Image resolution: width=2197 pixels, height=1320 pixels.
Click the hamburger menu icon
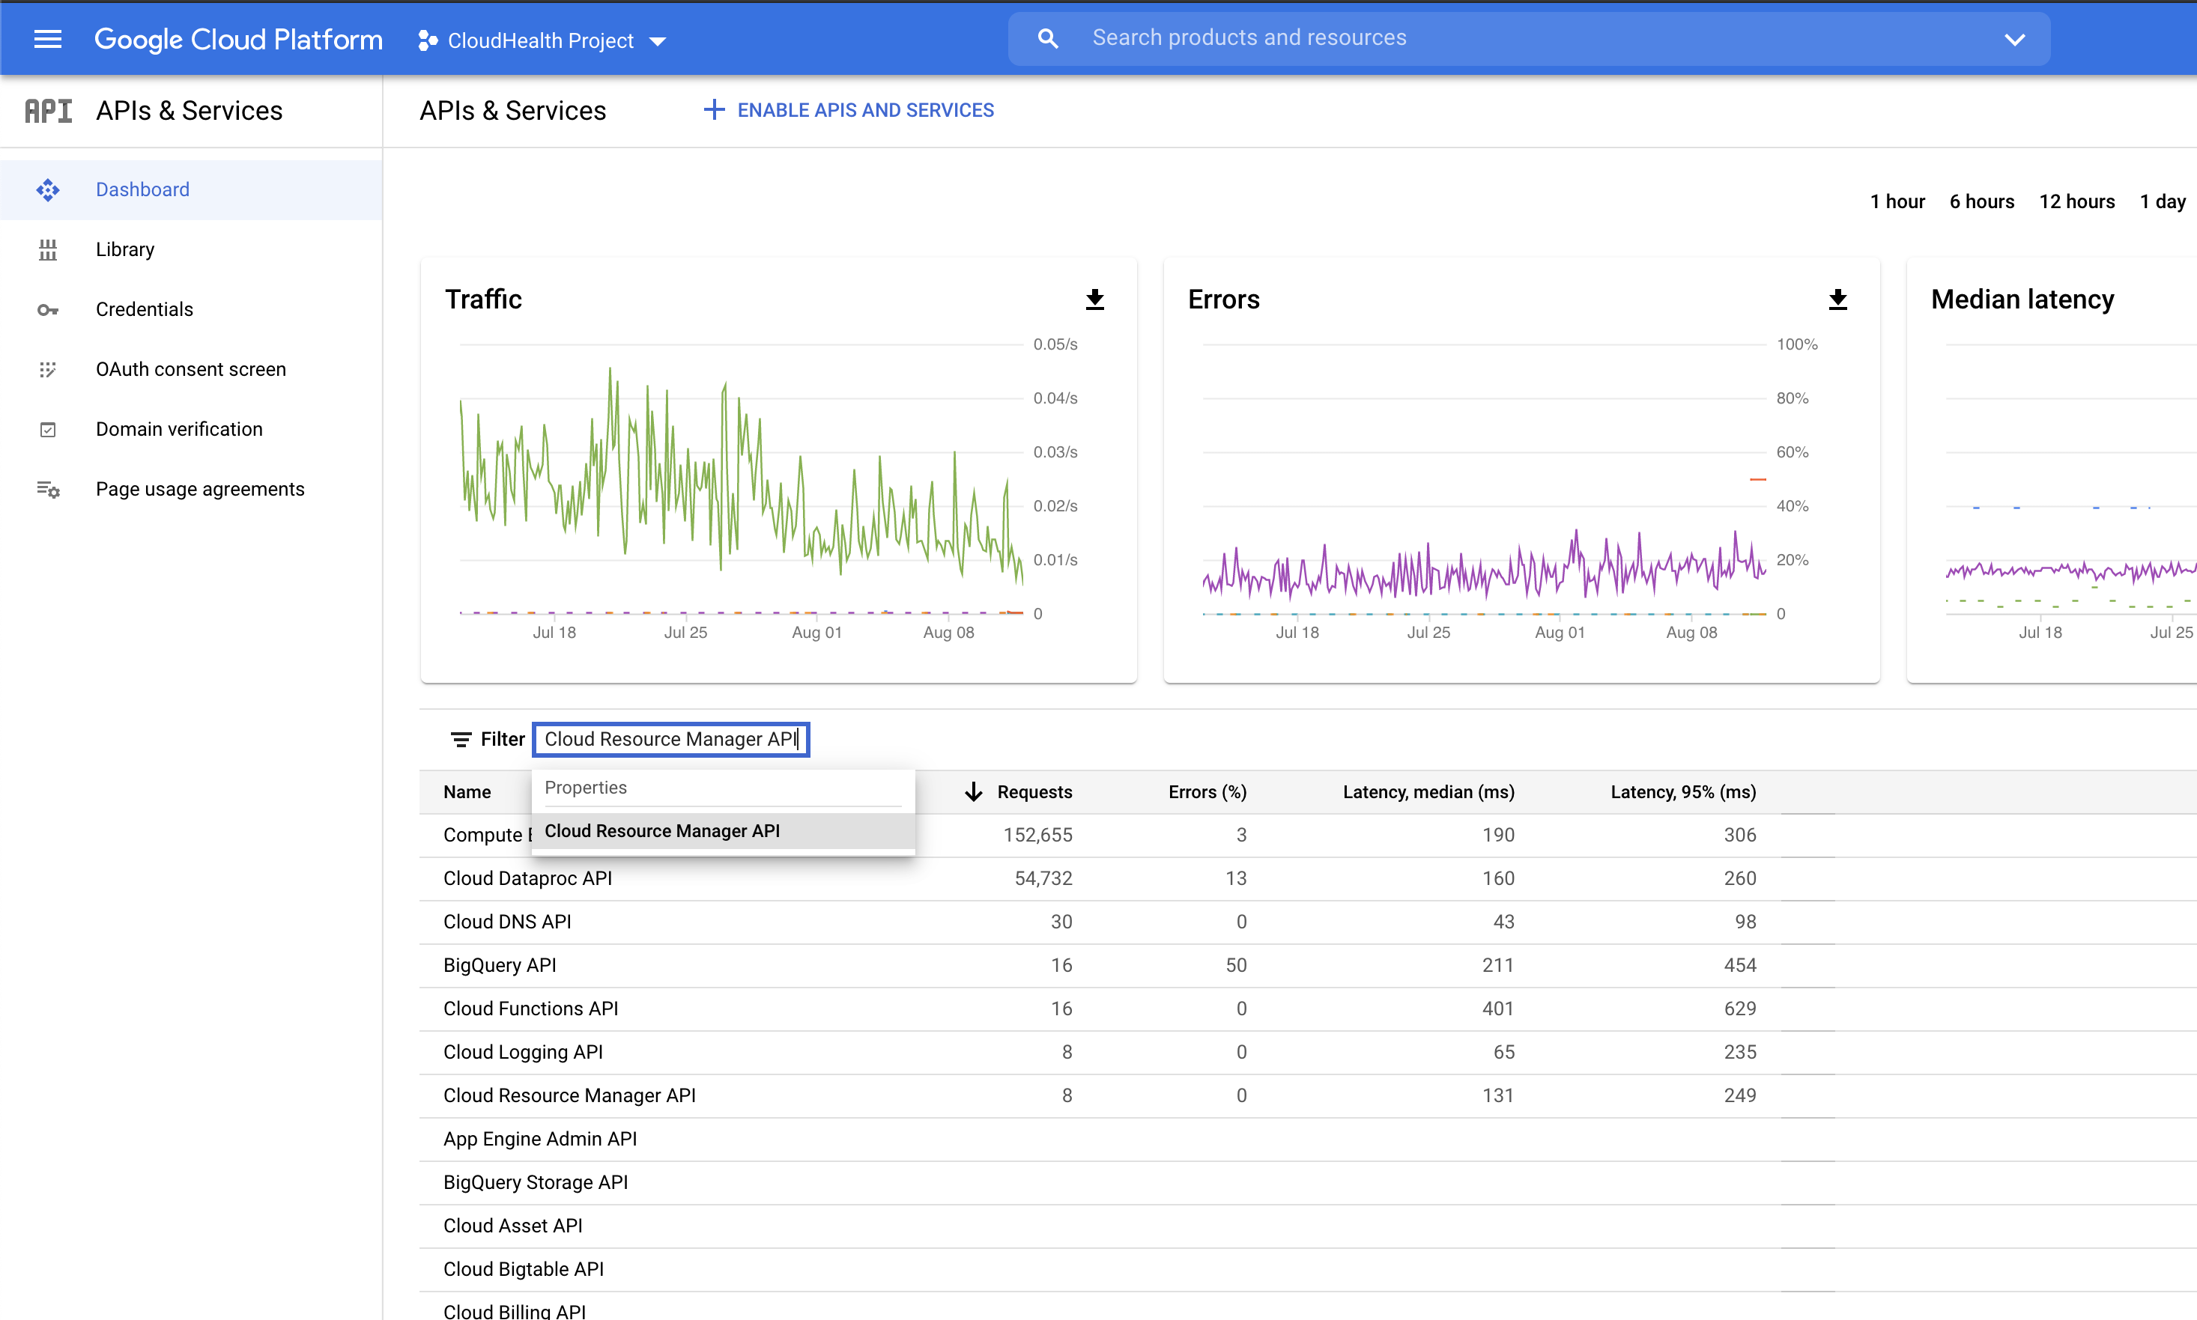pyautogui.click(x=47, y=39)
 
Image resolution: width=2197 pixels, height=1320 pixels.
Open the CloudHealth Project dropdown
pyautogui.click(x=542, y=41)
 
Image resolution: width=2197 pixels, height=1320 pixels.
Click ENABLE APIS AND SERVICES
pyautogui.click(x=849, y=110)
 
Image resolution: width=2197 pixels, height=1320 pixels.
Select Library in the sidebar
pyautogui.click(x=124, y=250)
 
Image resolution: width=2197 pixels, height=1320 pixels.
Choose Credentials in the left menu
pyautogui.click(x=144, y=309)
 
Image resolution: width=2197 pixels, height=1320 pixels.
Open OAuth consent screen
pyautogui.click(x=190, y=369)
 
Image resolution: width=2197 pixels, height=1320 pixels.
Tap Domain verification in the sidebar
pyautogui.click(x=179, y=430)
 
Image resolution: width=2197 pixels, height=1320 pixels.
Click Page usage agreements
pyautogui.click(x=199, y=489)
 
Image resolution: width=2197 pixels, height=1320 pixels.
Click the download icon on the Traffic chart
pyautogui.click(x=1094, y=299)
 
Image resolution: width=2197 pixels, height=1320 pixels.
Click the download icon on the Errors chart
pyautogui.click(x=1837, y=299)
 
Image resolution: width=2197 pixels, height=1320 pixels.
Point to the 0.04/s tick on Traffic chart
pyautogui.click(x=1055, y=398)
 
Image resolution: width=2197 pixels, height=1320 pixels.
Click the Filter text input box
pyautogui.click(x=671, y=739)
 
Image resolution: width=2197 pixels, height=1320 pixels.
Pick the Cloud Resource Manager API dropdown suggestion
pyautogui.click(x=662, y=831)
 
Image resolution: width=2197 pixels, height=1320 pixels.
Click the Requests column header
pyautogui.click(x=1033, y=791)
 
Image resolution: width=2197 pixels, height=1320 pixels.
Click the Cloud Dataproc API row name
pyautogui.click(x=527, y=879)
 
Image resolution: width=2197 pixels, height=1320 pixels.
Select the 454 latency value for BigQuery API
pyautogui.click(x=1739, y=965)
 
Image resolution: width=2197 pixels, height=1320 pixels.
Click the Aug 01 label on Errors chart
pyautogui.click(x=1559, y=633)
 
